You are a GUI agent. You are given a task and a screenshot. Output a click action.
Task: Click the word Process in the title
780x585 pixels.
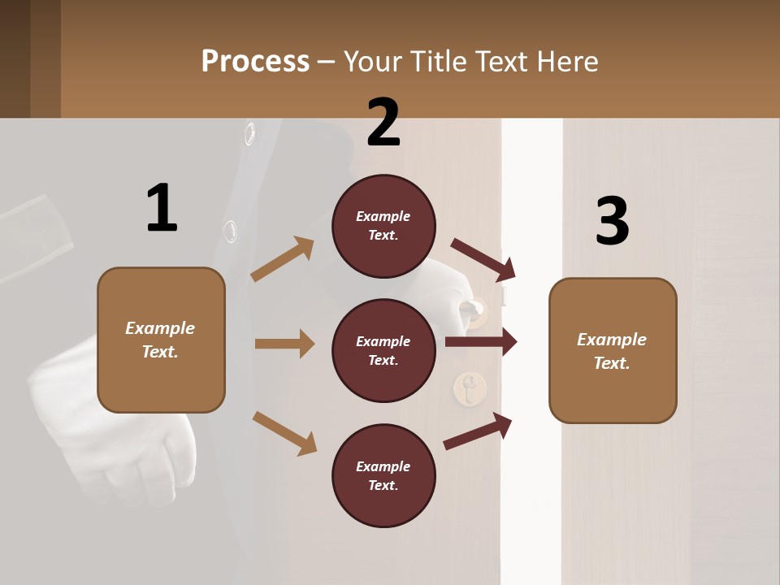(255, 62)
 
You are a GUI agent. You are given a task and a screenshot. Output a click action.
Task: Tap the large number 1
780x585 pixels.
(162, 208)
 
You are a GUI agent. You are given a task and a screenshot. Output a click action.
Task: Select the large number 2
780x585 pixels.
(383, 122)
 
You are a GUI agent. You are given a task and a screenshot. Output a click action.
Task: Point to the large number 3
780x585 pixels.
(613, 221)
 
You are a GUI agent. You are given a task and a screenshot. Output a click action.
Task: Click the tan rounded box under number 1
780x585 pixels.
(161, 340)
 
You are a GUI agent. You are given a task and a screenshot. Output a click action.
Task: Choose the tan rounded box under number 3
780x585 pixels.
(613, 350)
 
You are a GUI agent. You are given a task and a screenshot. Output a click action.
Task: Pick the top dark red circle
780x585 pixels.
(383, 226)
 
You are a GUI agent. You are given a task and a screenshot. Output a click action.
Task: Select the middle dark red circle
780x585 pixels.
(383, 350)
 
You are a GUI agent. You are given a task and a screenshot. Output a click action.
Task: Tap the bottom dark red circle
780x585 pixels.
(383, 475)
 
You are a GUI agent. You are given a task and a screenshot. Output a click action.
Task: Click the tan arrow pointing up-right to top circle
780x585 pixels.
(283, 259)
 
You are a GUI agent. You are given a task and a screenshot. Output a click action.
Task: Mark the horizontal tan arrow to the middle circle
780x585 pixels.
(284, 344)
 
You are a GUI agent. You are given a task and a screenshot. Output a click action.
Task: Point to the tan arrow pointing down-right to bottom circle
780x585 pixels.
(284, 432)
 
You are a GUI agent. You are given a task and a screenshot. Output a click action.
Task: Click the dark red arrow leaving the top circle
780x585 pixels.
(483, 258)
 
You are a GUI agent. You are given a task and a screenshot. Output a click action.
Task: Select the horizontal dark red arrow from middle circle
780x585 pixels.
(481, 341)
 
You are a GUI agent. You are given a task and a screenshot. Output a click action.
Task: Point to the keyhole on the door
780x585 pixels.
(468, 388)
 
